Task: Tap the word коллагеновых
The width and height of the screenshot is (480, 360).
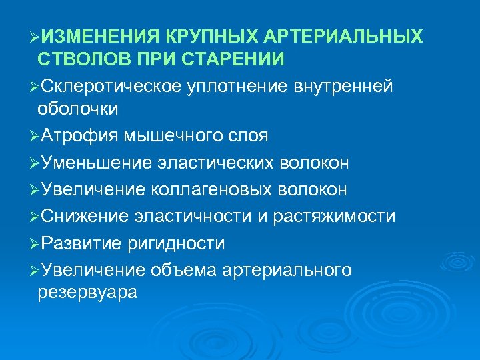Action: (x=213, y=190)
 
